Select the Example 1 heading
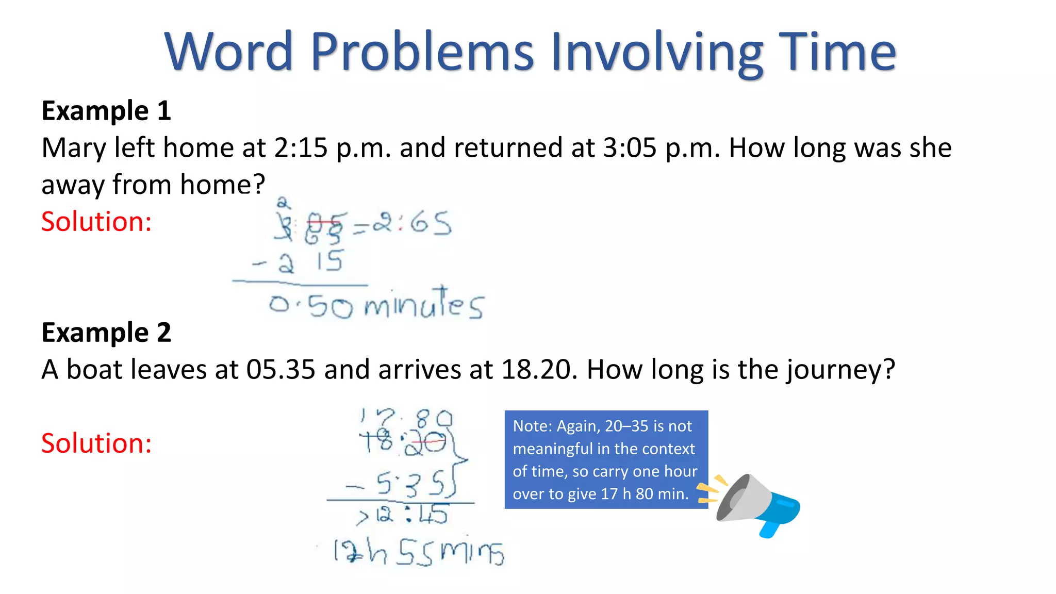106,111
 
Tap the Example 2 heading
106,333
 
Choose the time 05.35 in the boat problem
280,370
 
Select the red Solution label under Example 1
96,222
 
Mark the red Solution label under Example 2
96,443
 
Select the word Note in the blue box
531,426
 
